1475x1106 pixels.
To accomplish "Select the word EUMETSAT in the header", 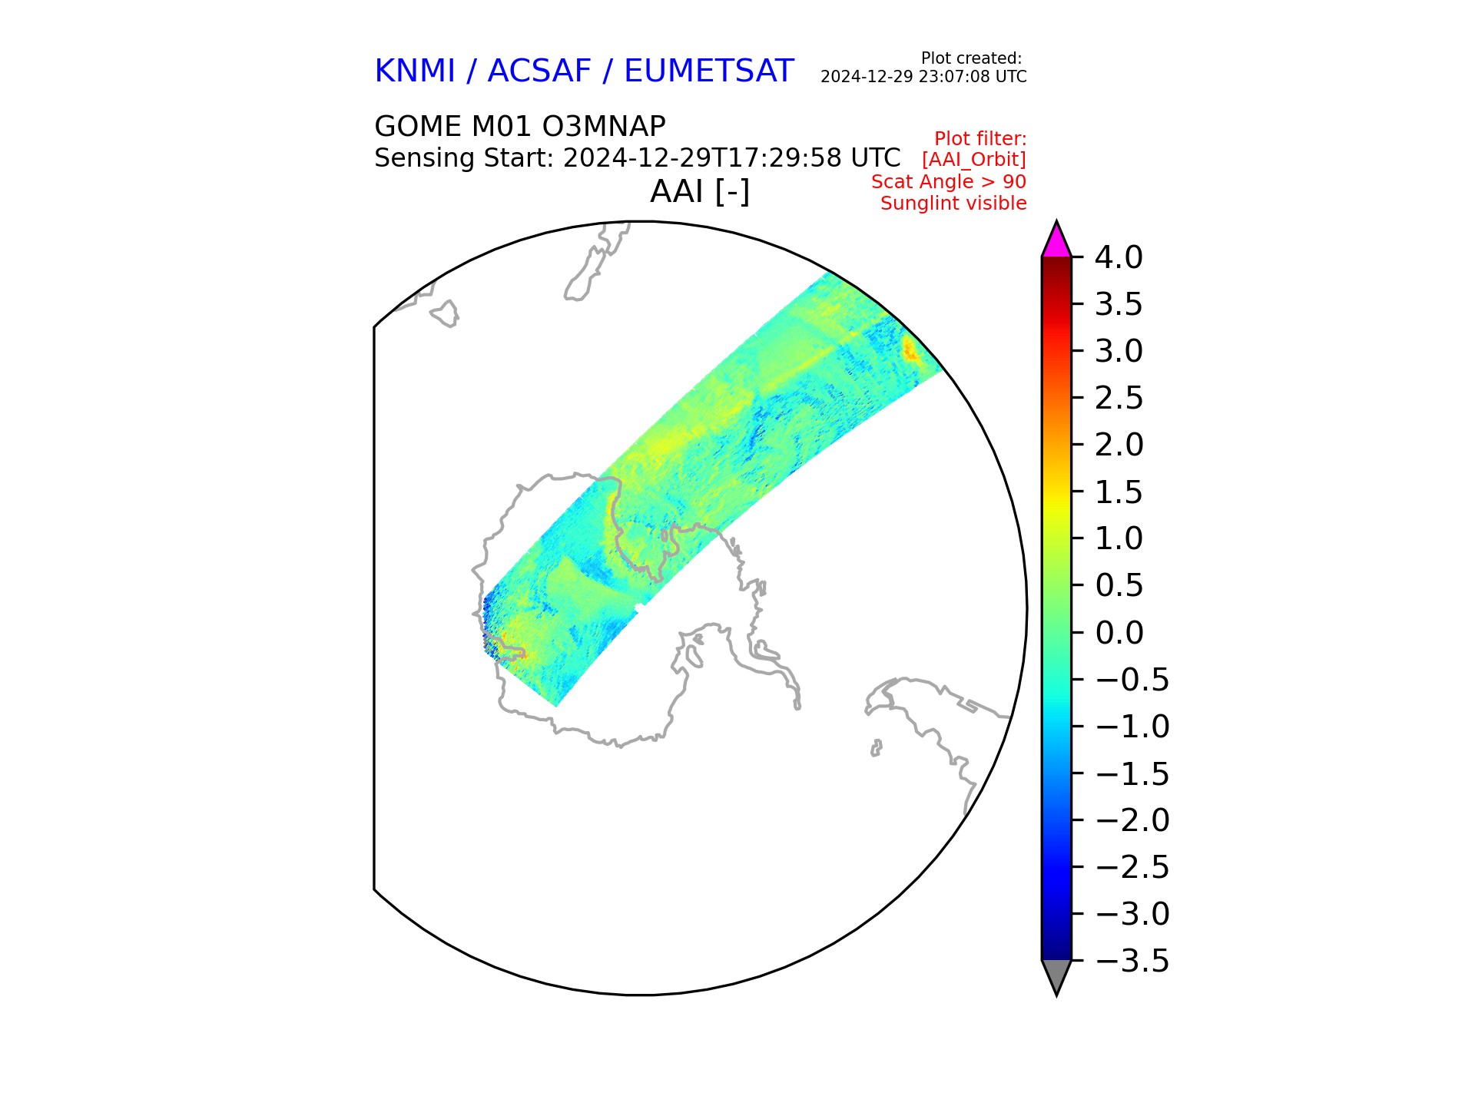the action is [708, 71].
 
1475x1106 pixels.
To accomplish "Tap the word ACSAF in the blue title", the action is [539, 71].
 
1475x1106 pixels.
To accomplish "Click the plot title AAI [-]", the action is [700, 191].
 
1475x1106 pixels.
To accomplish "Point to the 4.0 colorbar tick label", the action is [1119, 257].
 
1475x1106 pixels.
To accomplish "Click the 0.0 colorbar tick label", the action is [1119, 633].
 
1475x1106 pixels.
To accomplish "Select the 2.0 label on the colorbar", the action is [1119, 445].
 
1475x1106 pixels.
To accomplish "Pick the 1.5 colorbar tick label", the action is [1119, 492].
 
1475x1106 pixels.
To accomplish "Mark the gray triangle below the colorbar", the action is [1056, 977].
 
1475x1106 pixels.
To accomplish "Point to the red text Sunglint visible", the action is [953, 204].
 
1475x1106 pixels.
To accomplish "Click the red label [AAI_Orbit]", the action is [974, 160].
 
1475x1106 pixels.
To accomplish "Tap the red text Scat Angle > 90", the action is [949, 182].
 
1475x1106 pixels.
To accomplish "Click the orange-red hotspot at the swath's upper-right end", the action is [910, 350].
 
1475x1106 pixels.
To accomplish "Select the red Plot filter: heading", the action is [980, 139].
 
